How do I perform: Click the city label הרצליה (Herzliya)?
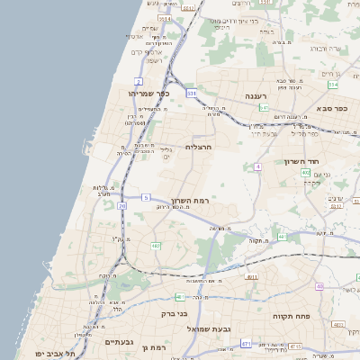click(x=198, y=146)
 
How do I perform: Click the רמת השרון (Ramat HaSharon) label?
click(x=189, y=200)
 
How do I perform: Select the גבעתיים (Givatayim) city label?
click(x=118, y=342)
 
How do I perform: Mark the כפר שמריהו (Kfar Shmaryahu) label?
click(x=142, y=93)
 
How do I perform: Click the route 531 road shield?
click(x=192, y=93)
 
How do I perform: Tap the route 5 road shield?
click(x=146, y=196)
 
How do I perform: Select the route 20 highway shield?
click(x=121, y=205)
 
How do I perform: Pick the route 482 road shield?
click(x=156, y=245)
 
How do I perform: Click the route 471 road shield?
click(x=246, y=344)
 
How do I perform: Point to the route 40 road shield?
click(x=319, y=286)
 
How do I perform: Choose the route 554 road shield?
click(x=333, y=85)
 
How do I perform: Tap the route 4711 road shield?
click(x=252, y=277)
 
